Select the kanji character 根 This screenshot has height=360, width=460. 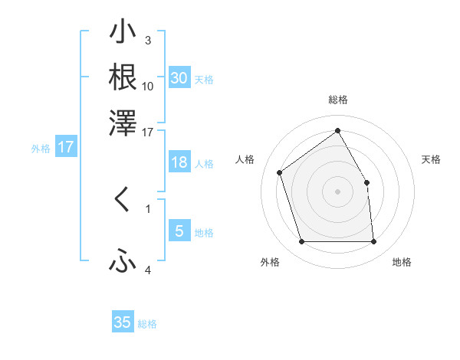[x=123, y=77]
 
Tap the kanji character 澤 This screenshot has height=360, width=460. [x=123, y=122]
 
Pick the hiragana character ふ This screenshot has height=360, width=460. [x=123, y=262]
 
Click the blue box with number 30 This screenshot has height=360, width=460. [x=179, y=78]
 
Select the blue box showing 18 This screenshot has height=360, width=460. [x=179, y=162]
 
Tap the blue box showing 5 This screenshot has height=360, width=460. [x=179, y=231]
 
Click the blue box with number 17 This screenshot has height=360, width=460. [x=66, y=148]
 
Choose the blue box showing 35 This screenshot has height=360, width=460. [x=123, y=322]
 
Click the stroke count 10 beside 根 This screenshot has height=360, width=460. [x=148, y=86]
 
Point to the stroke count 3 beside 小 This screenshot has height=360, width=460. [x=147, y=41]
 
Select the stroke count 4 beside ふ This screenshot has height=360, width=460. [x=147, y=270]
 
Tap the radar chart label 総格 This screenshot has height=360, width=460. [x=337, y=100]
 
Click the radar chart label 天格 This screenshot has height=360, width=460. [x=432, y=159]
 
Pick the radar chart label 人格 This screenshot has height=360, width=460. [x=245, y=159]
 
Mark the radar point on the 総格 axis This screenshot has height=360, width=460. [x=337, y=130]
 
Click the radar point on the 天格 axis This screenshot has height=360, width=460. [x=366, y=182]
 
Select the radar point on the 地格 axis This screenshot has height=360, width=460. [x=373, y=242]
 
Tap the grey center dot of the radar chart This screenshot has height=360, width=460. [x=337, y=191]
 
